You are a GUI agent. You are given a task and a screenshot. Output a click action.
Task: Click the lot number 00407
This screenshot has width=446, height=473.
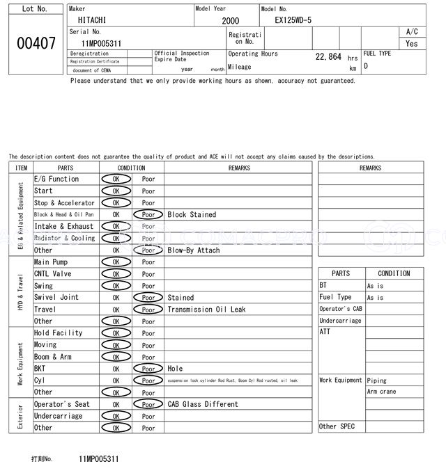point(36,43)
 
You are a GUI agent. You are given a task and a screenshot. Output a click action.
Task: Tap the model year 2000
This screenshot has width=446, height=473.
point(230,21)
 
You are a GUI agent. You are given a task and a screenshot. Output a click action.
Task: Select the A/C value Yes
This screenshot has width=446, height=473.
point(412,44)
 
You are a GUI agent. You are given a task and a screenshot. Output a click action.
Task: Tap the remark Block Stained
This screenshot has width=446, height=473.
point(192,215)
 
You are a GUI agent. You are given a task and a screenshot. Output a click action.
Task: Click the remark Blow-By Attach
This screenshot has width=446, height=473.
point(193,250)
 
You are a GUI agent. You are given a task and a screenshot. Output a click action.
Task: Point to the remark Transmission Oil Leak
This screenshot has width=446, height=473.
point(206,310)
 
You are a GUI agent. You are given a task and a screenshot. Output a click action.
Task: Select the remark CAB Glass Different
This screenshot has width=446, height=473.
point(203,404)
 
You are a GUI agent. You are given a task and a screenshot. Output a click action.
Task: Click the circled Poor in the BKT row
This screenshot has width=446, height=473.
point(148,369)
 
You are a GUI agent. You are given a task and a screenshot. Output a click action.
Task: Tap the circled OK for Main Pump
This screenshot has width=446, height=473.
point(116,262)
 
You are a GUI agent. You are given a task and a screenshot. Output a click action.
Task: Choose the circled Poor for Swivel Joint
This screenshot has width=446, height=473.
point(148,298)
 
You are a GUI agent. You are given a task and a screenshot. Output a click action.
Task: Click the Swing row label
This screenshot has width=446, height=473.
point(43,286)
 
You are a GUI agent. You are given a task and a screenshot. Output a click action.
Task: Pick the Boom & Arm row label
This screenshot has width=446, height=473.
point(52,357)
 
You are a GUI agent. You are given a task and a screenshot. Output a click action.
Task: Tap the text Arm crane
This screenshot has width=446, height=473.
point(381,392)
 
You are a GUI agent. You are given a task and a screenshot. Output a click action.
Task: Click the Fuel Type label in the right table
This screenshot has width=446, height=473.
point(335,297)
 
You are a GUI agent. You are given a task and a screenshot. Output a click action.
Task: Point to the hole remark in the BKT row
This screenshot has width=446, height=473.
point(175,369)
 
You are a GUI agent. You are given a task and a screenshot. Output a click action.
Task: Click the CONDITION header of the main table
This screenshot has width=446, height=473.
point(132,168)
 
